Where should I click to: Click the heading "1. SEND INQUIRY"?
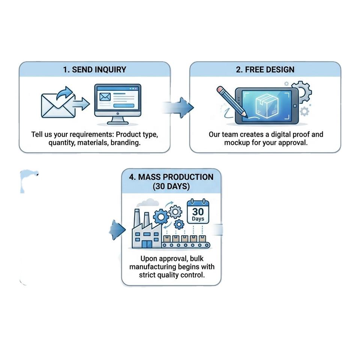pos(94,70)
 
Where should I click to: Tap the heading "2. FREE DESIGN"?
pos(265,70)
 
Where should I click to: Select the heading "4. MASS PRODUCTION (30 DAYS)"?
pos(171,181)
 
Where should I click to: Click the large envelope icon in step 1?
pos(58,106)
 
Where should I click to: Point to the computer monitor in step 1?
pos(118,104)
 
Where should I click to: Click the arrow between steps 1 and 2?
pos(177,108)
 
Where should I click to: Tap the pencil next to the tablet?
pos(232,102)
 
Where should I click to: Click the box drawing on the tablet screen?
pos(267,106)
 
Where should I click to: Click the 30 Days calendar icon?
pos(198,211)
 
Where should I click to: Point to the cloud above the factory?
pos(148,203)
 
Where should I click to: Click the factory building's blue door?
pos(147,244)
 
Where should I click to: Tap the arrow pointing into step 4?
pos(117,230)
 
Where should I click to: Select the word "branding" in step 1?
pos(126,143)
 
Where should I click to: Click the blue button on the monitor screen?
pos(124,106)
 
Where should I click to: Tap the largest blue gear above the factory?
pos(161,216)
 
